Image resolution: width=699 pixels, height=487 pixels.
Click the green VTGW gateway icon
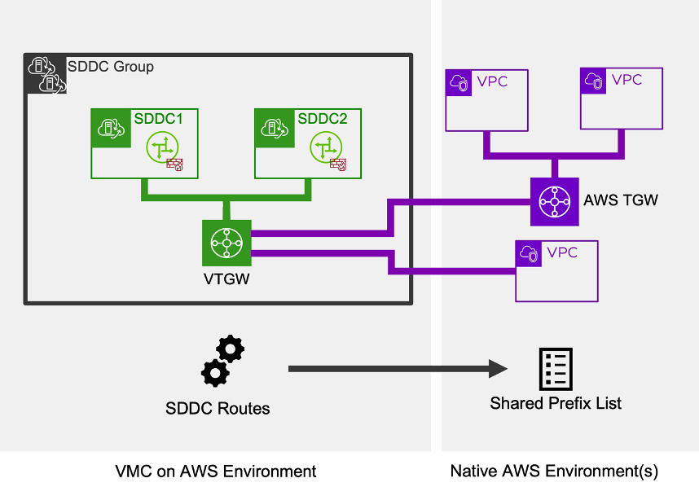(226, 242)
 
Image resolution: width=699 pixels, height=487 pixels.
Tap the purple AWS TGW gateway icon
(554, 201)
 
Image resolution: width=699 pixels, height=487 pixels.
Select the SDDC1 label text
(158, 119)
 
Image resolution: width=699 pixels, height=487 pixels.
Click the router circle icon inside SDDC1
(162, 147)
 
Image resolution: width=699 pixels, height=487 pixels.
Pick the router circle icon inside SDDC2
(326, 147)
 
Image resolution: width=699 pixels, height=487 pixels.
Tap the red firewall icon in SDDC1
(175, 165)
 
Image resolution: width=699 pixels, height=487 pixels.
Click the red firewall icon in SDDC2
(339, 165)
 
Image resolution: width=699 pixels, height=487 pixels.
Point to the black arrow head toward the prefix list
(499, 369)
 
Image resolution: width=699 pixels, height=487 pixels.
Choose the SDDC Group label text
(110, 67)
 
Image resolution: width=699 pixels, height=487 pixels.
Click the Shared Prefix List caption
(556, 403)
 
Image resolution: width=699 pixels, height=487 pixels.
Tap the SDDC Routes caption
(218, 408)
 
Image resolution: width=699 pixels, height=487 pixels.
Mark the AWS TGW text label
(621, 200)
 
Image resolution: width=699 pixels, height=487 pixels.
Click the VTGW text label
(226, 279)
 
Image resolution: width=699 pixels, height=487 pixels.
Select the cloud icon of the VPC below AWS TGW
(529, 253)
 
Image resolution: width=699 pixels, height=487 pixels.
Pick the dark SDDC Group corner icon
(45, 74)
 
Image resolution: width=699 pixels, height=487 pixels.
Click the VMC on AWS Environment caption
(215, 471)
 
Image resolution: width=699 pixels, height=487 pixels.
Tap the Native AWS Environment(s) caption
(554, 471)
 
